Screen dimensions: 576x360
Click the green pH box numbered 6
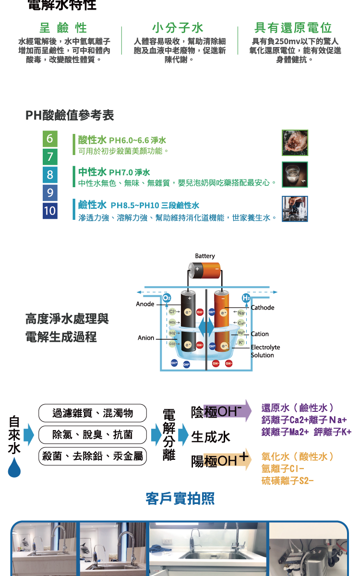click(x=49, y=139)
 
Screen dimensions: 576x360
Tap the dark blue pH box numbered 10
click(x=49, y=211)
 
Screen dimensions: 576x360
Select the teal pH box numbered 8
click(x=49, y=175)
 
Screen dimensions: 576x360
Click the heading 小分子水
click(x=178, y=27)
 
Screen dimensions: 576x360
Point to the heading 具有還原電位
click(x=293, y=27)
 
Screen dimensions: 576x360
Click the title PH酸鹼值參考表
click(x=70, y=116)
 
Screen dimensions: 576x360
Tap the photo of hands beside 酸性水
click(x=295, y=143)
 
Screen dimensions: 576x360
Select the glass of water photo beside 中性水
click(x=295, y=175)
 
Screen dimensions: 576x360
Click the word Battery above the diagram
click(x=205, y=256)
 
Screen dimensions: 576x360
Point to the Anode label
click(x=145, y=304)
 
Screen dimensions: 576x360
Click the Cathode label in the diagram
click(x=263, y=307)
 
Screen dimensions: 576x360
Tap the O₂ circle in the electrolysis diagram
click(x=167, y=298)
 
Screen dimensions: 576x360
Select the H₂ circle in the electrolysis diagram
click(x=246, y=298)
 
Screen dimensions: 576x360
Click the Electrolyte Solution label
click(x=265, y=351)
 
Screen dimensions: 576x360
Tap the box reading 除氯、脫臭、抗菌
click(x=92, y=435)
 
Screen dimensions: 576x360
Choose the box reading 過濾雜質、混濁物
click(x=92, y=413)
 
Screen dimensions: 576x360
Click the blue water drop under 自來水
click(x=14, y=467)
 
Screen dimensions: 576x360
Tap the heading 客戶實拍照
click(x=180, y=499)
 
